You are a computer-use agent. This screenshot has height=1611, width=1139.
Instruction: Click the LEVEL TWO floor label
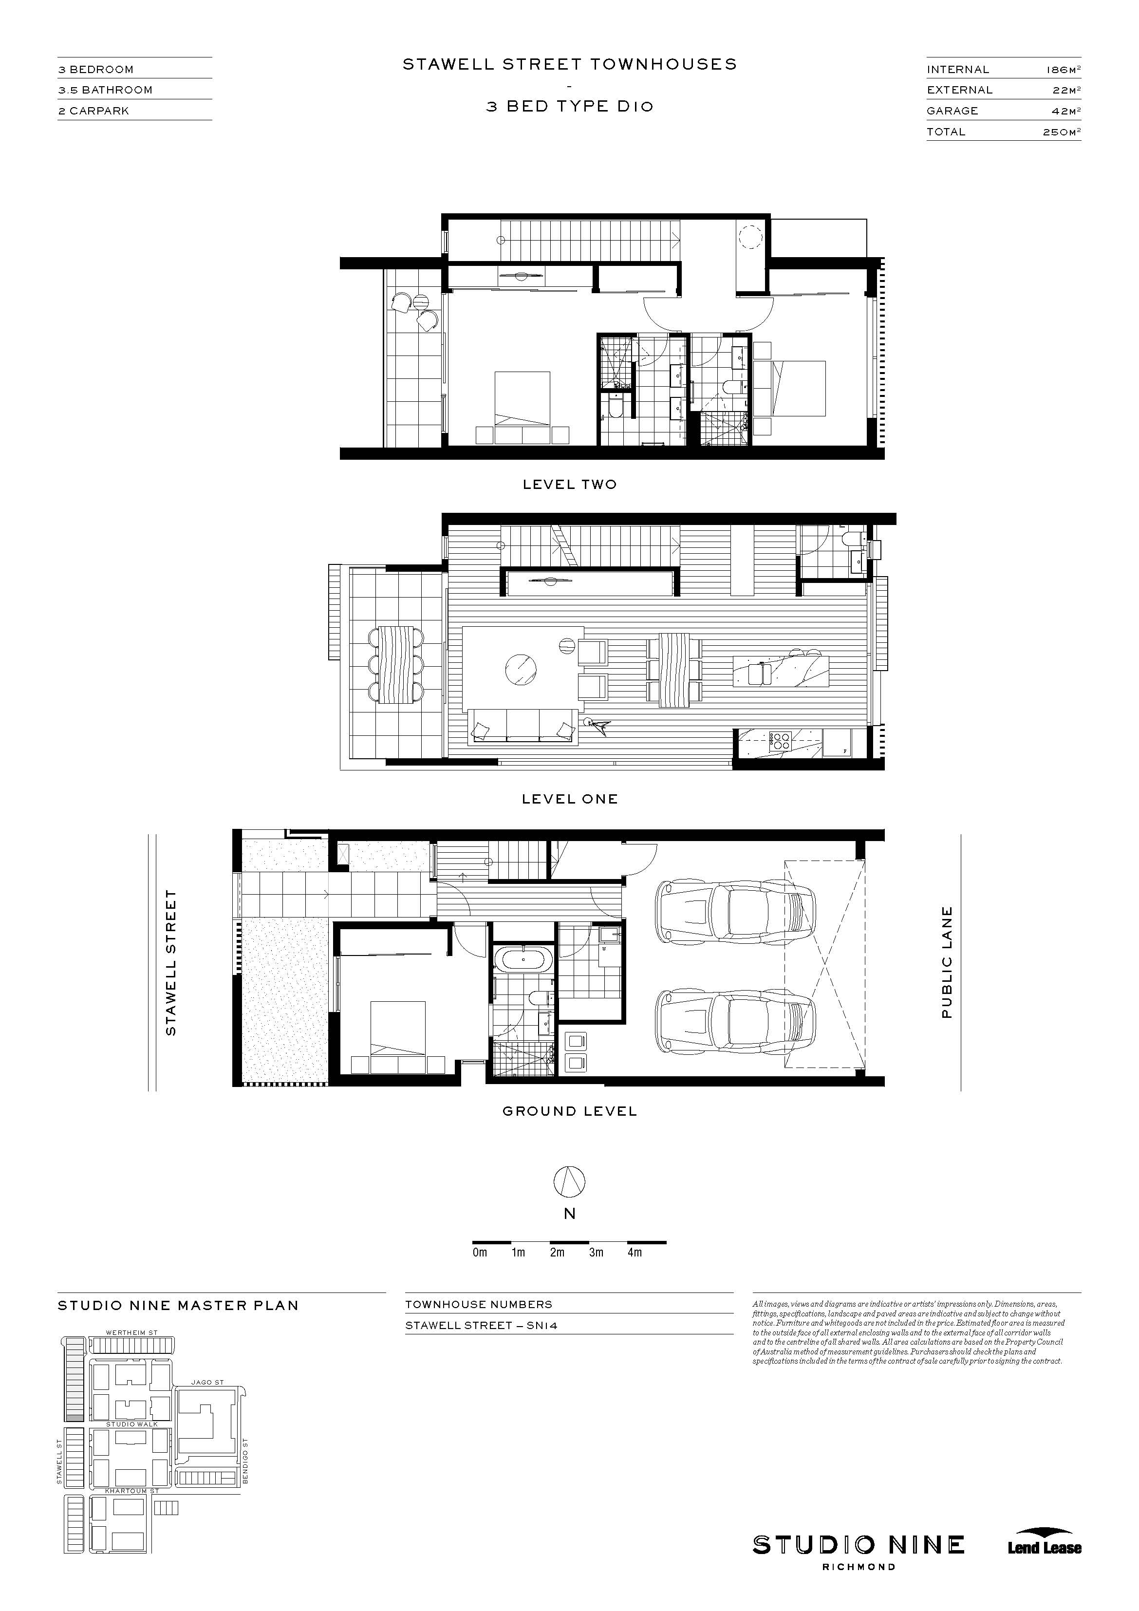pyautogui.click(x=569, y=484)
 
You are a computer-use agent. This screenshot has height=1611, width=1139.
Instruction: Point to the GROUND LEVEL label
pyautogui.click(x=569, y=1111)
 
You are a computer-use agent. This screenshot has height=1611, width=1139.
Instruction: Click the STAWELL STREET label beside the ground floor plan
pyautogui.click(x=170, y=963)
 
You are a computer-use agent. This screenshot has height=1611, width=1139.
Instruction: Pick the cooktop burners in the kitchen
pyautogui.click(x=781, y=742)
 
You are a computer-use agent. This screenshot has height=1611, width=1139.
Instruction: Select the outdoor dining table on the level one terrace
pyautogui.click(x=397, y=663)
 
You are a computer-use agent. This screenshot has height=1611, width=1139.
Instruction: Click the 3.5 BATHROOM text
pyautogui.click(x=105, y=90)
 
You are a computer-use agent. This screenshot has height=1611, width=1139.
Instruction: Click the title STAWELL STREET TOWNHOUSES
pyautogui.click(x=569, y=65)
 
